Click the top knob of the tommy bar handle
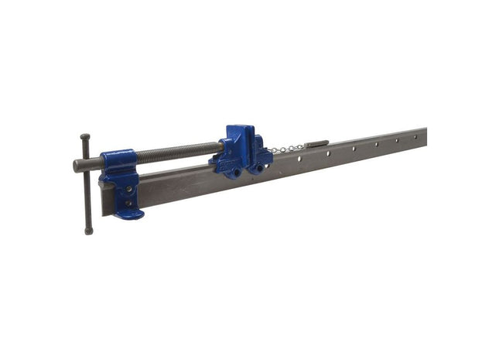pyautogui.click(x=84, y=138)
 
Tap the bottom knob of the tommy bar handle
pyautogui.click(x=89, y=230)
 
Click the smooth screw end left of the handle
pyautogui.click(x=77, y=166)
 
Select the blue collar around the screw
pyautogui.click(x=118, y=162)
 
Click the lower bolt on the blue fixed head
pyautogui.click(x=128, y=203)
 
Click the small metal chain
pyautogui.click(x=288, y=149)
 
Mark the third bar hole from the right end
pyautogui.click(x=377, y=144)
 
